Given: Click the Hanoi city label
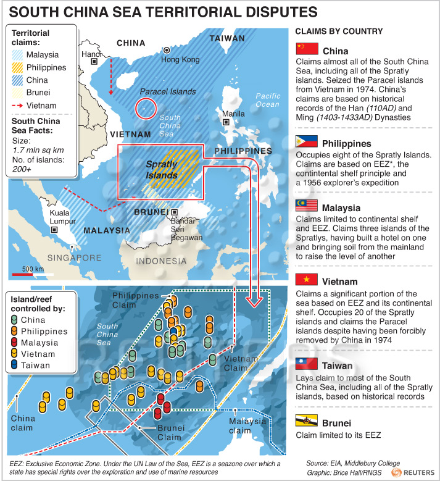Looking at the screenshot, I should point(91,54).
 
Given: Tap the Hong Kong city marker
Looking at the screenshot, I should point(166,49).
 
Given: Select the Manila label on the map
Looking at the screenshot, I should point(233,114).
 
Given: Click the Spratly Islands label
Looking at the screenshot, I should point(162,170).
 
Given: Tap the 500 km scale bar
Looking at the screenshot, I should point(31,274).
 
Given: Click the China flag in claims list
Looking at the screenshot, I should point(307,49).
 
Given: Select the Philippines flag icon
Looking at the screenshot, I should point(307,141).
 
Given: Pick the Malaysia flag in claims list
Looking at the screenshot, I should point(307,206).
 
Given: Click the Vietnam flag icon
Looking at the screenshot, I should point(307,280).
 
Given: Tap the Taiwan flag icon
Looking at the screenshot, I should point(307,364).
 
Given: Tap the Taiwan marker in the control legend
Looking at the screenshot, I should point(15,366).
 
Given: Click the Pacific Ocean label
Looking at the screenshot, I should point(267,100).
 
